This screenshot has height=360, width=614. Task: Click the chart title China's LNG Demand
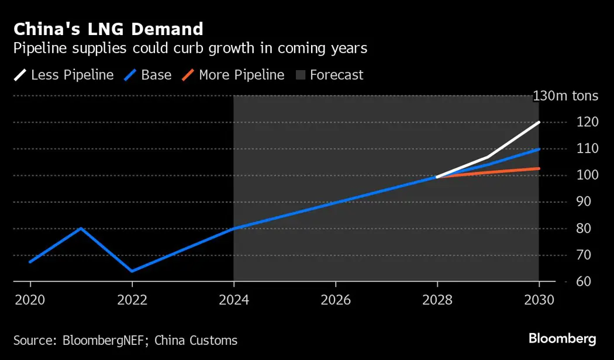coord(108,29)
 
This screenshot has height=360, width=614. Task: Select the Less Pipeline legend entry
coord(64,75)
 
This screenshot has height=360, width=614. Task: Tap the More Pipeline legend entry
coord(233,75)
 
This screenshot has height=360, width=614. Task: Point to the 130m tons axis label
coord(565,96)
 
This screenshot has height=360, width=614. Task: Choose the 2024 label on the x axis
coord(234,300)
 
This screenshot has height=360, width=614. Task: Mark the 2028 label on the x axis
coord(437,300)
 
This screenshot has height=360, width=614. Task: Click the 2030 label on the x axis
coord(539,300)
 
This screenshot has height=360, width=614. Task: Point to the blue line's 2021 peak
coord(81,229)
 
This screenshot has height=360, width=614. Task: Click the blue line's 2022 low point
coord(132,271)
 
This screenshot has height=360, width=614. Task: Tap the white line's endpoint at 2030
coord(539,123)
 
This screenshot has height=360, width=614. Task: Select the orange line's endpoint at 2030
coord(539,168)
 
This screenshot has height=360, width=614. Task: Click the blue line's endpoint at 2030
coord(539,149)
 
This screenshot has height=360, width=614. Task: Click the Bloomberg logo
coord(562,339)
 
